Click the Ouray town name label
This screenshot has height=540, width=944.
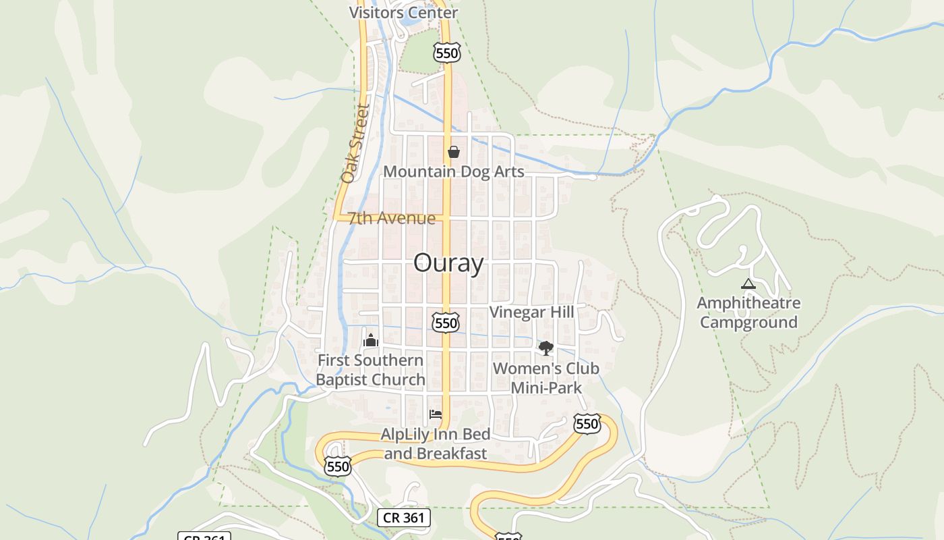point(448,263)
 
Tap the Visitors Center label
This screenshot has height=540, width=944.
point(403,13)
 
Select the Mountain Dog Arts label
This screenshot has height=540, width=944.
point(453,171)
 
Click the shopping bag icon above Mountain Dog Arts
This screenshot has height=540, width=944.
point(454,152)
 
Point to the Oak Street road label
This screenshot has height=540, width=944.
point(355,144)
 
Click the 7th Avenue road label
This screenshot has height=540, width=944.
point(392,218)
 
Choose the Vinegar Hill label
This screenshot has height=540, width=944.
point(531,312)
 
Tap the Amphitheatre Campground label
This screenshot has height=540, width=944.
point(748,313)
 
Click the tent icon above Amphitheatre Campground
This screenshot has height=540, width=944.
point(748,284)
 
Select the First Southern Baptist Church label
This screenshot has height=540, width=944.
point(370,370)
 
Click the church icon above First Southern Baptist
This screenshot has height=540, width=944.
point(370,340)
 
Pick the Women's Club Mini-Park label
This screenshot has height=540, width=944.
point(545,378)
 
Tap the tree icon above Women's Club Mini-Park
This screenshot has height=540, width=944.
point(545,348)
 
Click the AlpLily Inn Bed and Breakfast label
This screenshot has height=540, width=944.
point(436,443)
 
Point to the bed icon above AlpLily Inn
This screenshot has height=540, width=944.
point(436,414)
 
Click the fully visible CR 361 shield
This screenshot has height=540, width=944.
point(403,518)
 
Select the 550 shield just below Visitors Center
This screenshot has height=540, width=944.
point(446,53)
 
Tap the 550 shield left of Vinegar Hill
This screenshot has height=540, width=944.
point(446,323)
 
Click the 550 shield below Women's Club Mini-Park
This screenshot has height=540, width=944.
point(587,424)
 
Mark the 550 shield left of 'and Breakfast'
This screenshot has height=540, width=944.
point(337,466)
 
